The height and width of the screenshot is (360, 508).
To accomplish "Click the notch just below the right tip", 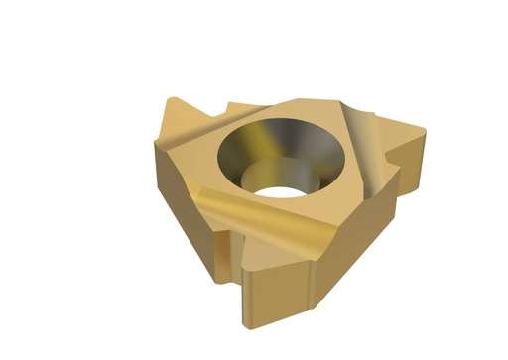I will [x=402, y=179].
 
